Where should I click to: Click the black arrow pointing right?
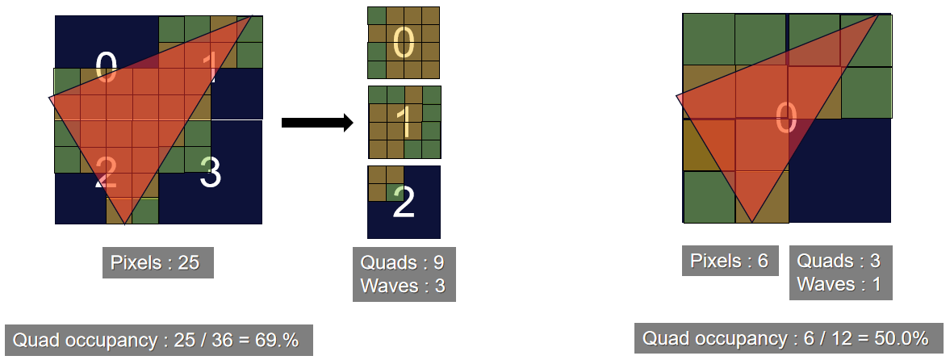tap(317, 123)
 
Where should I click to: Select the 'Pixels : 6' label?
tap(730, 262)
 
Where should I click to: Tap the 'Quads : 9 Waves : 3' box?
tap(404, 274)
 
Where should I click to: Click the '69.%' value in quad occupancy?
tap(278, 341)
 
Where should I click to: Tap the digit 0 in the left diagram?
tap(106, 67)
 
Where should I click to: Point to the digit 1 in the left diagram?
tap(210, 67)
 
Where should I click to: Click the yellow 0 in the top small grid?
tap(404, 43)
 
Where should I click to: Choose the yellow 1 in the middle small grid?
tap(405, 123)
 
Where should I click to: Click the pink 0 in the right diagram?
tap(786, 117)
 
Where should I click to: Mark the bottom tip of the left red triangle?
tap(125, 224)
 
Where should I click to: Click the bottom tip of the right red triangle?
tap(752, 223)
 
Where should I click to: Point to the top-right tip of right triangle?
tap(878, 14)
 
